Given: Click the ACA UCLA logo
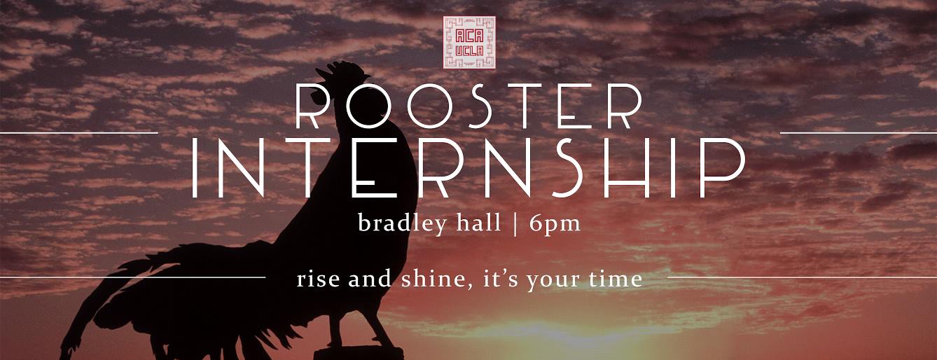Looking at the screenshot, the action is click(x=469, y=42).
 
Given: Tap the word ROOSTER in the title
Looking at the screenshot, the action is click(x=469, y=106).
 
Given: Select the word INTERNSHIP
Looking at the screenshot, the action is click(x=468, y=168).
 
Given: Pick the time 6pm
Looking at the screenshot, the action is click(x=555, y=224).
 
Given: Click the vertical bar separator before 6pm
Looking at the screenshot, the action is click(x=515, y=224).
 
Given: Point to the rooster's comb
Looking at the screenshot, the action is click(x=342, y=71).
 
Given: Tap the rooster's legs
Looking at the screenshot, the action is click(x=360, y=331).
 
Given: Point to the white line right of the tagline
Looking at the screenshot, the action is click(x=803, y=277).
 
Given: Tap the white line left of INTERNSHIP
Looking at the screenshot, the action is click(x=79, y=133).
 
